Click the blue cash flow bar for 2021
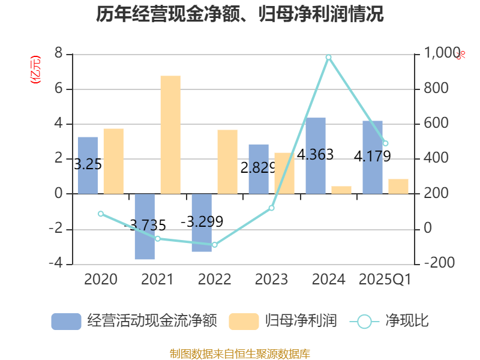pos(145,226)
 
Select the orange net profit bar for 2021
pos(170,134)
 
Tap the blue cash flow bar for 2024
pos(316,155)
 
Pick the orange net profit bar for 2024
pos(341,190)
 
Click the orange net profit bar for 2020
pos(113,161)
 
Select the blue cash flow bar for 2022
pos(202,223)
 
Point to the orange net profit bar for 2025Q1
pos(398,186)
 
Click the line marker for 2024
pos(329,57)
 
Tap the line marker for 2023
pos(272,208)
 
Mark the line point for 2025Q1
pos(385,143)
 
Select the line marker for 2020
pos(101,214)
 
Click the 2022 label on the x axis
pos(214,280)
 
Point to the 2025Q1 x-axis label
pos(385,280)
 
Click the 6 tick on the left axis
pos(59,89)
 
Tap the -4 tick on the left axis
pos(56,264)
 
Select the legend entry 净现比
pos(390,321)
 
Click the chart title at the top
pos(240,14)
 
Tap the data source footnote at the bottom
pos(240,353)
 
